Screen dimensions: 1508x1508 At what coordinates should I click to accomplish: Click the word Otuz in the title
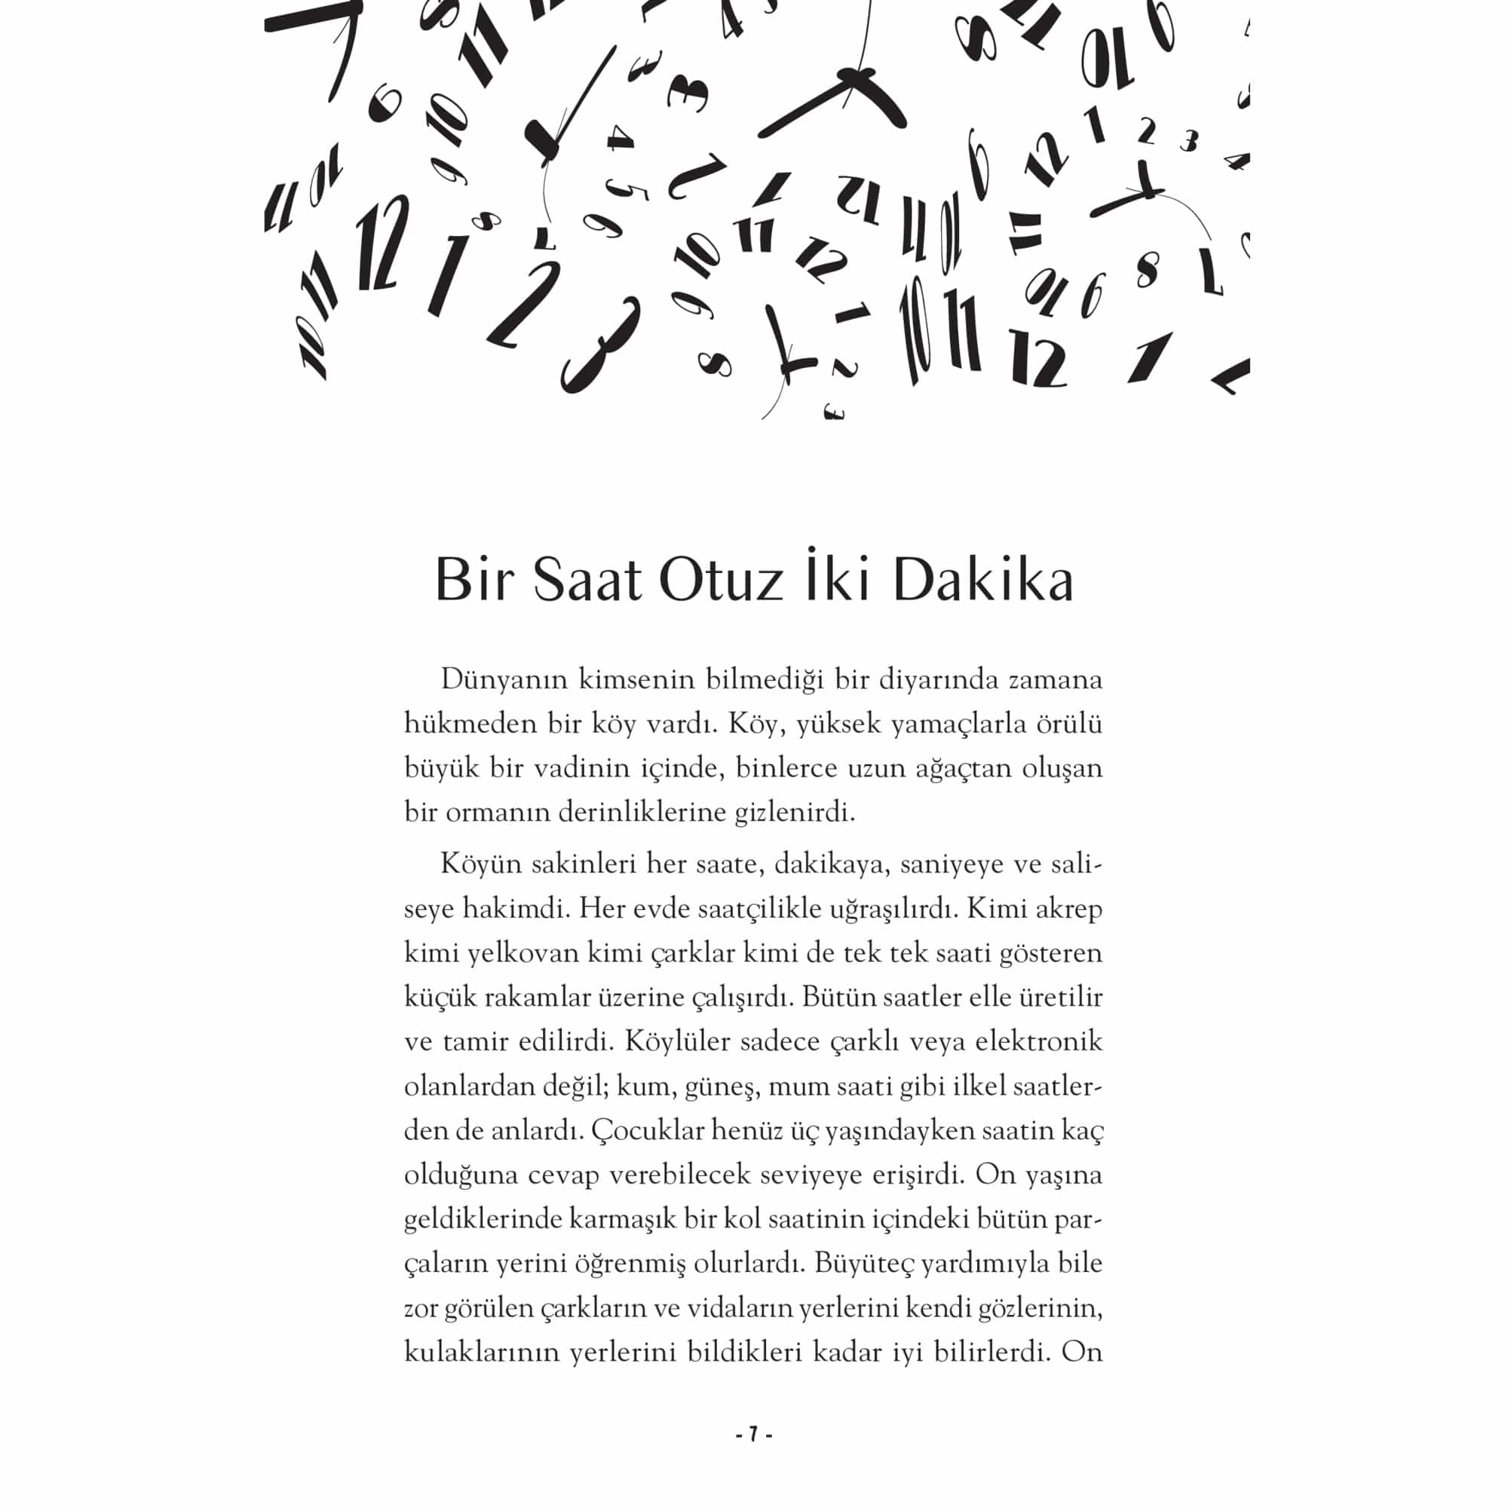(x=720, y=581)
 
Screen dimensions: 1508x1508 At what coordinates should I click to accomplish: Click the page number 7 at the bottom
(x=753, y=1435)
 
